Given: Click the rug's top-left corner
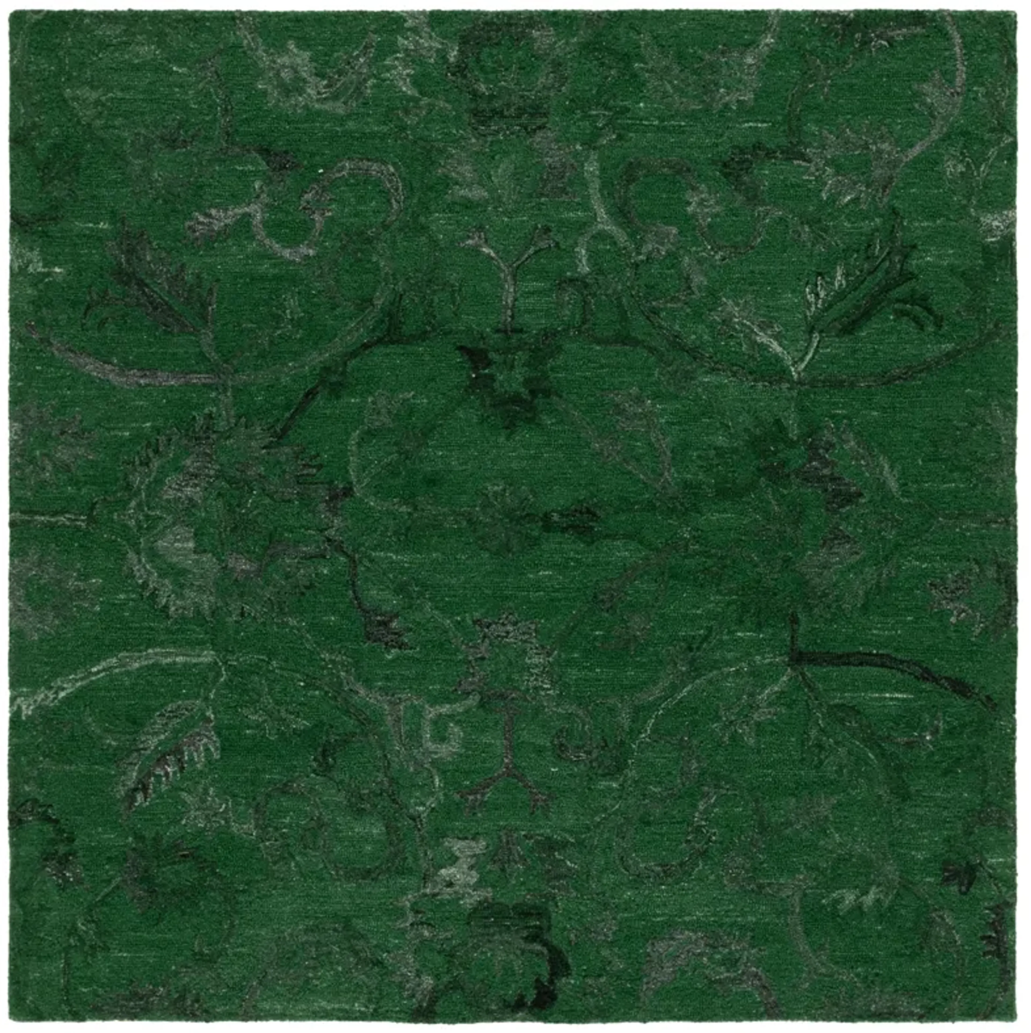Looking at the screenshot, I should pyautogui.click(x=11, y=11).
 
